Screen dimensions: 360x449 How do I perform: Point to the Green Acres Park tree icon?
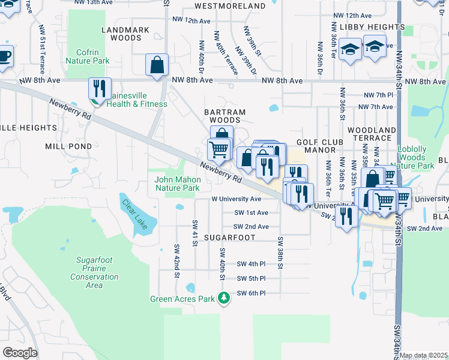coord(224,298)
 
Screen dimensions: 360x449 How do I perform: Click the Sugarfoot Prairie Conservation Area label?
coord(94,272)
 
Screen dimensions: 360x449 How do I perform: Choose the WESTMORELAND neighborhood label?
coord(231,6)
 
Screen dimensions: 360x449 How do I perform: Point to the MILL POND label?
coord(68,146)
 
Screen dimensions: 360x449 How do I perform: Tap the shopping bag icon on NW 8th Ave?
coord(157,65)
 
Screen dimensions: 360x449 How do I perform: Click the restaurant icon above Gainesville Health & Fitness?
coord(100,89)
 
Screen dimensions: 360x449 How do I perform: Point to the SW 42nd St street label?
coord(177,256)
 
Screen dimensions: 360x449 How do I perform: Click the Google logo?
coord(20,353)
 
